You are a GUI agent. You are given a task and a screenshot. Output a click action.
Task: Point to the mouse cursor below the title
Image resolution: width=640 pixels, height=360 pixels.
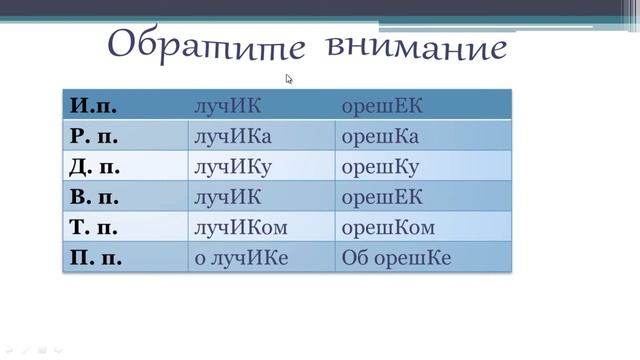point(289,78)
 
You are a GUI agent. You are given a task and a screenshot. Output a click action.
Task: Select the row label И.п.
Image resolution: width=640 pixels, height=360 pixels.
point(95,104)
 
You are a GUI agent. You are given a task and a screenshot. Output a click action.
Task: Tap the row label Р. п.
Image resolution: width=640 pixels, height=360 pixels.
point(97,135)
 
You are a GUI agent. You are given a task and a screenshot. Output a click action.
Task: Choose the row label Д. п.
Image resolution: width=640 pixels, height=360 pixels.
point(97,166)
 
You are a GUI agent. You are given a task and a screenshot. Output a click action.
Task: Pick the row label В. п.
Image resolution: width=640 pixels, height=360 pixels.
point(97,196)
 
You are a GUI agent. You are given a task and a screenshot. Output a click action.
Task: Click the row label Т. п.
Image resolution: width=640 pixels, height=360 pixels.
point(97,227)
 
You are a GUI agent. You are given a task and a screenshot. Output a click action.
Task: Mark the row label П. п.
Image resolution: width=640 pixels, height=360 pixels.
point(97,258)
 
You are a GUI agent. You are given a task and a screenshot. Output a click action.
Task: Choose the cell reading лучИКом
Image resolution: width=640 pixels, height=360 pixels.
point(240,227)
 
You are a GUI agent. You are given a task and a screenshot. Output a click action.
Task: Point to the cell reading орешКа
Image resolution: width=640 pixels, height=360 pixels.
point(380,135)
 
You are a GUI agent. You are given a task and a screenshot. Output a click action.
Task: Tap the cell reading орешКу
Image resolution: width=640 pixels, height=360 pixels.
point(380,166)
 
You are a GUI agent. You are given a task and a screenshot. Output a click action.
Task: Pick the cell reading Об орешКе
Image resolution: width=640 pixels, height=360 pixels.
point(396,258)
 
